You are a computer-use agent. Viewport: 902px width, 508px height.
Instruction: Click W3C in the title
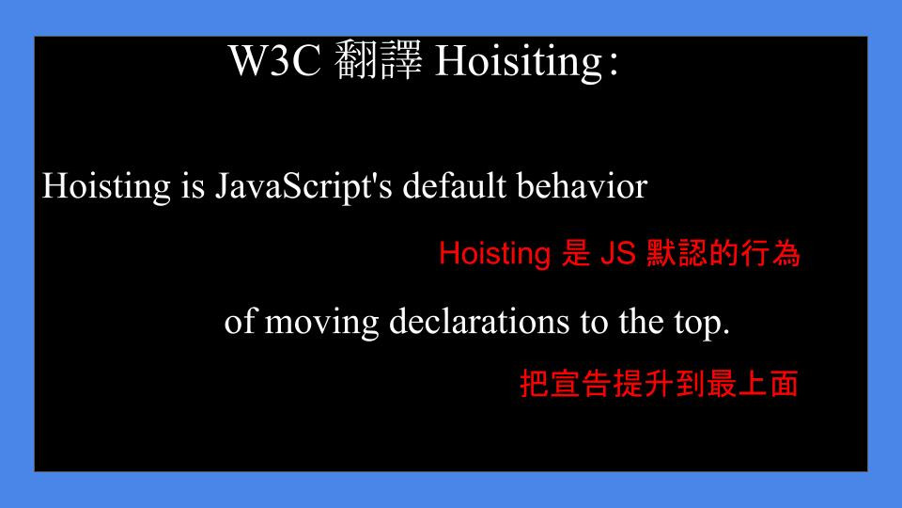[x=274, y=60]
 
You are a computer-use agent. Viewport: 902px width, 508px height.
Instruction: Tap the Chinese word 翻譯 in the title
[x=378, y=60]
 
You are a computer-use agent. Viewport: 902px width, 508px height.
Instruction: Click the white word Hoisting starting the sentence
[x=106, y=187]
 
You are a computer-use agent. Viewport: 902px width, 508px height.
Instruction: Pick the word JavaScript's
[x=303, y=187]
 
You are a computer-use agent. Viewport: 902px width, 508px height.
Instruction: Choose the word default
[x=455, y=186]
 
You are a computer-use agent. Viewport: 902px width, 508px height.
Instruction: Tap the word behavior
[x=583, y=186]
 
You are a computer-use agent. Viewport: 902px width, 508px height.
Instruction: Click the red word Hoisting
[x=495, y=254]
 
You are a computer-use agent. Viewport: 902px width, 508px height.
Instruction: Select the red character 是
[x=576, y=253]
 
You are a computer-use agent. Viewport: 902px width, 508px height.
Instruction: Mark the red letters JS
[x=618, y=253]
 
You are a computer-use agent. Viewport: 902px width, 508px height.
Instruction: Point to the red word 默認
[x=676, y=253]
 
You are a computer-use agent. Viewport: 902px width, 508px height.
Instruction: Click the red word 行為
[x=770, y=253]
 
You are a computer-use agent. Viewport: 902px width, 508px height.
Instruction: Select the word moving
[x=321, y=323]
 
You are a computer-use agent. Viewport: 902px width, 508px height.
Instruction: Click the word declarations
[x=479, y=321]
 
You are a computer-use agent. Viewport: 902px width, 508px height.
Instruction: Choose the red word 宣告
[x=580, y=383]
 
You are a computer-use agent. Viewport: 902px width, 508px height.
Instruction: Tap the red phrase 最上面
[x=753, y=383]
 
